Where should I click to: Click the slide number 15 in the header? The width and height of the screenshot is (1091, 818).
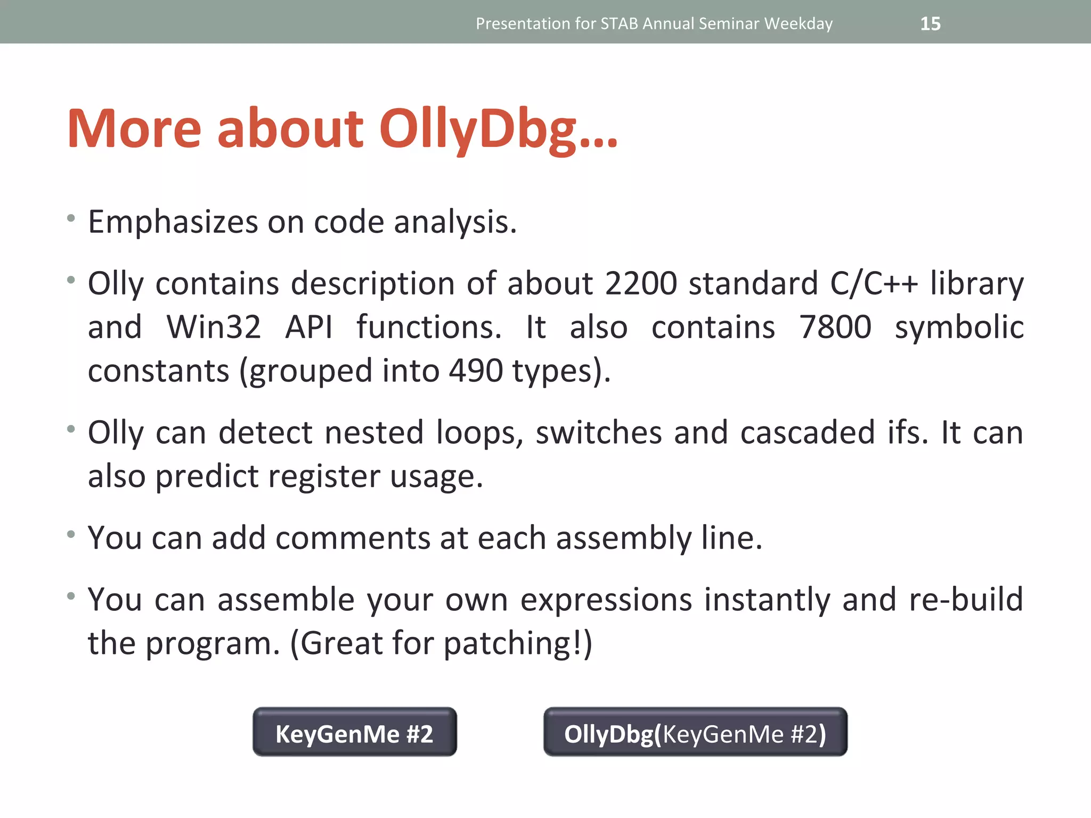tap(930, 24)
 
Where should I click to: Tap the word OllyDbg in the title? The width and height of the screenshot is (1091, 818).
tap(498, 129)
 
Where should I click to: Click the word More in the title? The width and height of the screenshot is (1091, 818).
tap(134, 129)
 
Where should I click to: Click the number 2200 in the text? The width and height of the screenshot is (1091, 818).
tap(641, 283)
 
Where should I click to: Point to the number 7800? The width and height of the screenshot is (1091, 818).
tap(835, 327)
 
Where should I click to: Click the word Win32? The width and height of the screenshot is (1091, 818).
tap(214, 327)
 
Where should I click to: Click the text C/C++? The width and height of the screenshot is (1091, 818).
tap(874, 283)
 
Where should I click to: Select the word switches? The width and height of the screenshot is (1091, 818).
tap(598, 432)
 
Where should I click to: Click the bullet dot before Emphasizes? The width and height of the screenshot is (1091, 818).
tap(71, 218)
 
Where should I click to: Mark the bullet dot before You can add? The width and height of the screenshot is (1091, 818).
tap(71, 534)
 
